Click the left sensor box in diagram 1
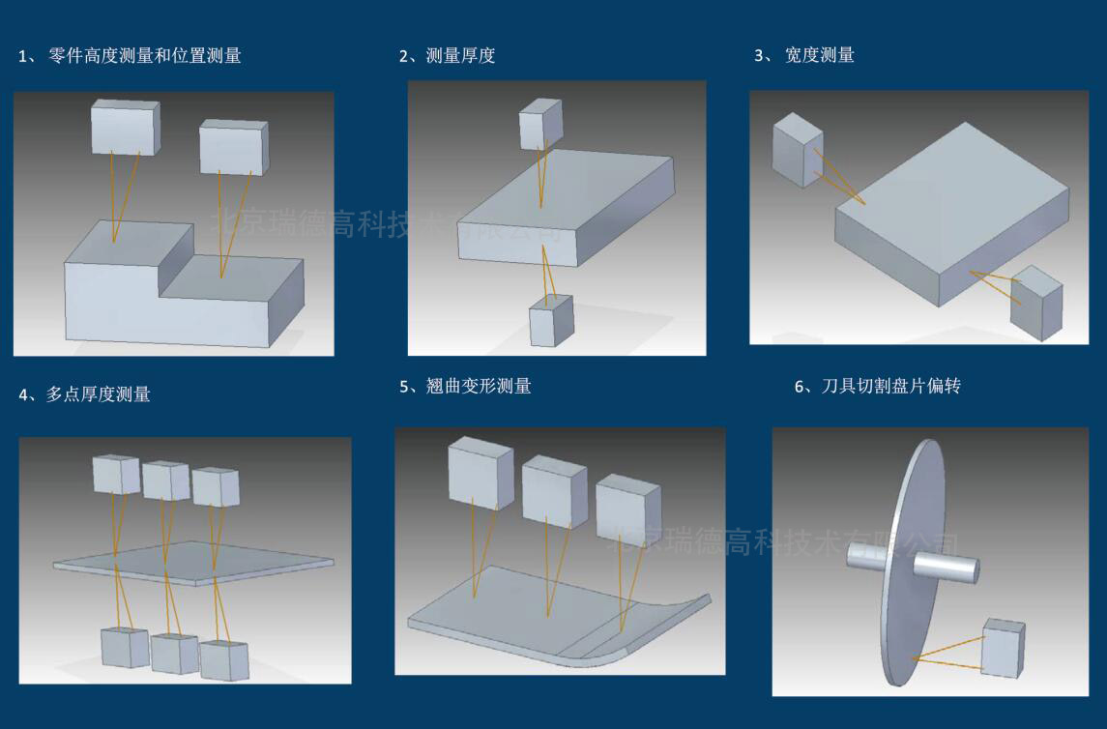(125, 127)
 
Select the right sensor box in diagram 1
(233, 147)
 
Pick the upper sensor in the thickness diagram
(539, 124)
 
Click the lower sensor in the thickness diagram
(551, 320)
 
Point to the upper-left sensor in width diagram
(798, 150)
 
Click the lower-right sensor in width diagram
(1035, 304)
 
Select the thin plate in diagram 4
(193, 562)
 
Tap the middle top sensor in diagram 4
(165, 481)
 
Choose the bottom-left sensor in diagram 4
(125, 647)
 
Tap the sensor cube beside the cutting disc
(1003, 649)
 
